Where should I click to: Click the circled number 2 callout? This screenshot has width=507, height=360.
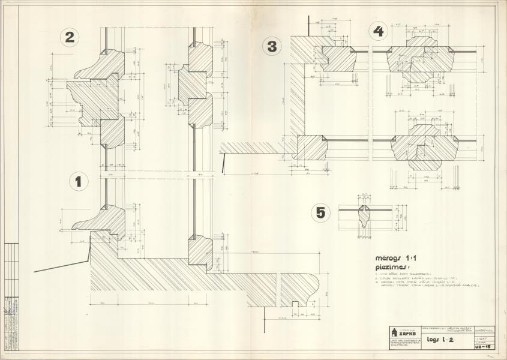pos(70,37)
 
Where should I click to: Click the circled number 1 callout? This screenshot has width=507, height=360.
pos(79,181)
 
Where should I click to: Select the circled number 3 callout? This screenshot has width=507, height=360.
pos(272,46)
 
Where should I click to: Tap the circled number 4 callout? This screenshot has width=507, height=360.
pos(377,31)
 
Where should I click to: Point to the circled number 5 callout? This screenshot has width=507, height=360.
pos(321,212)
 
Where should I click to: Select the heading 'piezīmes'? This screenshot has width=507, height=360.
pos(394,263)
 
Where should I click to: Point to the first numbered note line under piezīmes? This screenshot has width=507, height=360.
pos(409,273)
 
